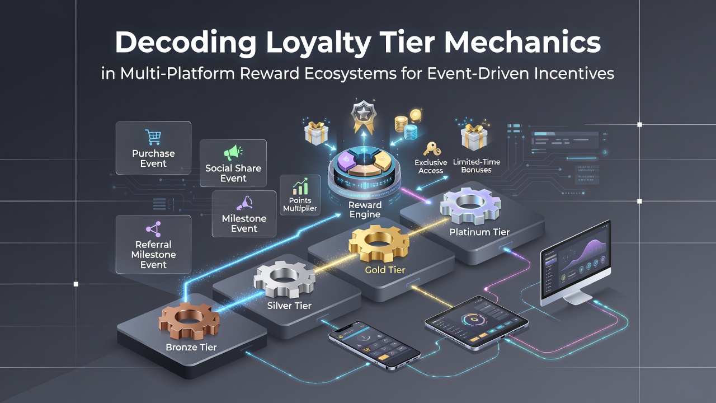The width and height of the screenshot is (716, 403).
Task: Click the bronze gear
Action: (x=189, y=321)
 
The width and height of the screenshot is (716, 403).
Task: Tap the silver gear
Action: (x=284, y=279)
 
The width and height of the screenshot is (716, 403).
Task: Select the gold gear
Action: (x=379, y=243)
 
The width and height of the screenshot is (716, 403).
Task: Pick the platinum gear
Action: (x=470, y=205)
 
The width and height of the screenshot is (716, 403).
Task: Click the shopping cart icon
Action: (x=153, y=137)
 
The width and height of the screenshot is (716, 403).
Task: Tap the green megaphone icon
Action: (x=233, y=152)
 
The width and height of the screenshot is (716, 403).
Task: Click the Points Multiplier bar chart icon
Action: (x=300, y=186)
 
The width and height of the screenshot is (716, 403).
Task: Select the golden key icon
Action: (x=431, y=149)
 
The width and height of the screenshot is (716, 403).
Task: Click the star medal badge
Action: (x=364, y=116)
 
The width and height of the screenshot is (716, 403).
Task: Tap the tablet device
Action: (x=476, y=322)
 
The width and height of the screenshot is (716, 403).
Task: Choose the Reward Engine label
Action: (x=365, y=209)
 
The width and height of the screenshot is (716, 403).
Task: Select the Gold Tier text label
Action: (x=385, y=270)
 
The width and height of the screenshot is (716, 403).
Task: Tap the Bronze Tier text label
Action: (x=191, y=347)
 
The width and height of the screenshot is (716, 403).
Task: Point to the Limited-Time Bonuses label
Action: (x=476, y=166)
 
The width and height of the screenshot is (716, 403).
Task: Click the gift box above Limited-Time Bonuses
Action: (x=474, y=137)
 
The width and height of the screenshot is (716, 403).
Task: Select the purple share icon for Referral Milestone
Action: (x=153, y=229)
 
